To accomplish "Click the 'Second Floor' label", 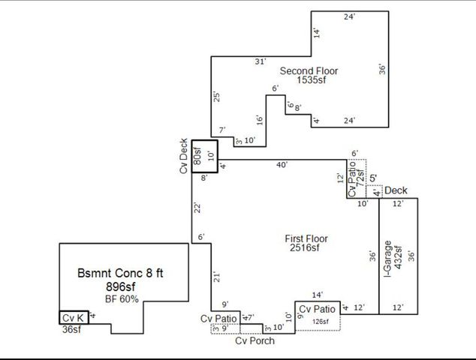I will tap(309, 71).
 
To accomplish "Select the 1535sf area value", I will tap(309, 82).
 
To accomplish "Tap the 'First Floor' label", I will tap(306, 238).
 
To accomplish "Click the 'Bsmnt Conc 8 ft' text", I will tap(121, 272).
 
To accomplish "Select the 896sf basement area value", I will tap(121, 286).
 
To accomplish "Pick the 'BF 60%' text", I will tap(121, 298).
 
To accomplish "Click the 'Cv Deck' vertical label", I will tap(184, 156).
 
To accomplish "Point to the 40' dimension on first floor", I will tap(282, 165).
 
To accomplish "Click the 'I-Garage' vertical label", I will tap(388, 258).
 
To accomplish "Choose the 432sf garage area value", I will tap(399, 258).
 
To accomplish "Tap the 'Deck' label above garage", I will tap(396, 191).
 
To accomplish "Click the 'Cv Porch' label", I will tap(255, 340).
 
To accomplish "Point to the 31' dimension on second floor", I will tap(260, 62).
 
